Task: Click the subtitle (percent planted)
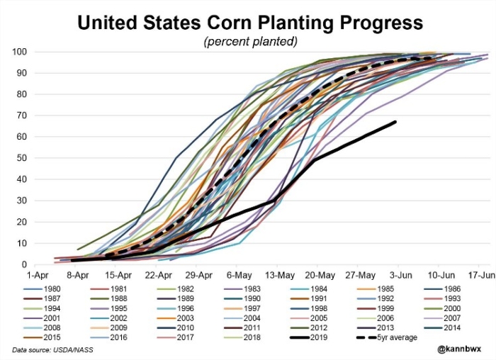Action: coord(250,41)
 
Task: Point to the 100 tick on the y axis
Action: coord(20,52)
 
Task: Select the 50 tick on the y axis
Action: coord(22,158)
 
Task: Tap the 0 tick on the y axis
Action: coord(24,264)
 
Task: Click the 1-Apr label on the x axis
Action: coord(38,275)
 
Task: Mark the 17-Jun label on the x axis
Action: coord(479,275)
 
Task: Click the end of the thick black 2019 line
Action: coord(395,122)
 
